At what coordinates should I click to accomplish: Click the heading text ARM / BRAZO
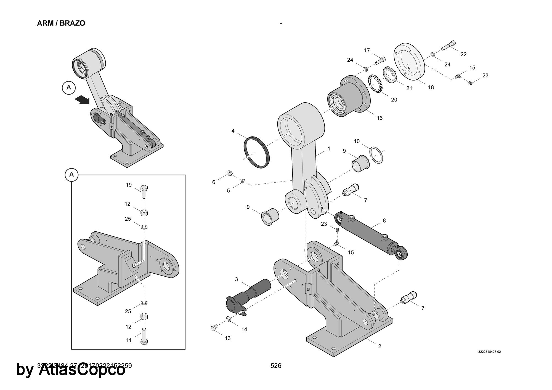click(61, 23)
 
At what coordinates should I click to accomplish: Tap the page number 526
click(276, 366)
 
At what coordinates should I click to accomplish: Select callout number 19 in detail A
click(129, 185)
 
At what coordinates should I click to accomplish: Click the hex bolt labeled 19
click(144, 191)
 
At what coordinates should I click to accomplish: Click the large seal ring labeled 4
click(256, 152)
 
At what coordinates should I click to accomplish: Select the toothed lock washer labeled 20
click(375, 84)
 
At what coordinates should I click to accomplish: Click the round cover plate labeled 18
click(409, 62)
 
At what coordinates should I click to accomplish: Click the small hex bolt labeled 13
click(214, 328)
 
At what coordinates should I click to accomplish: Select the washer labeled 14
click(229, 319)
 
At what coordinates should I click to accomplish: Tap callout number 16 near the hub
click(380, 118)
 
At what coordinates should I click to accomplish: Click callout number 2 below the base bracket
click(380, 346)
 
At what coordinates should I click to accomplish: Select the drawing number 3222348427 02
click(489, 352)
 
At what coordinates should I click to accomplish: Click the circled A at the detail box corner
click(71, 175)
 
